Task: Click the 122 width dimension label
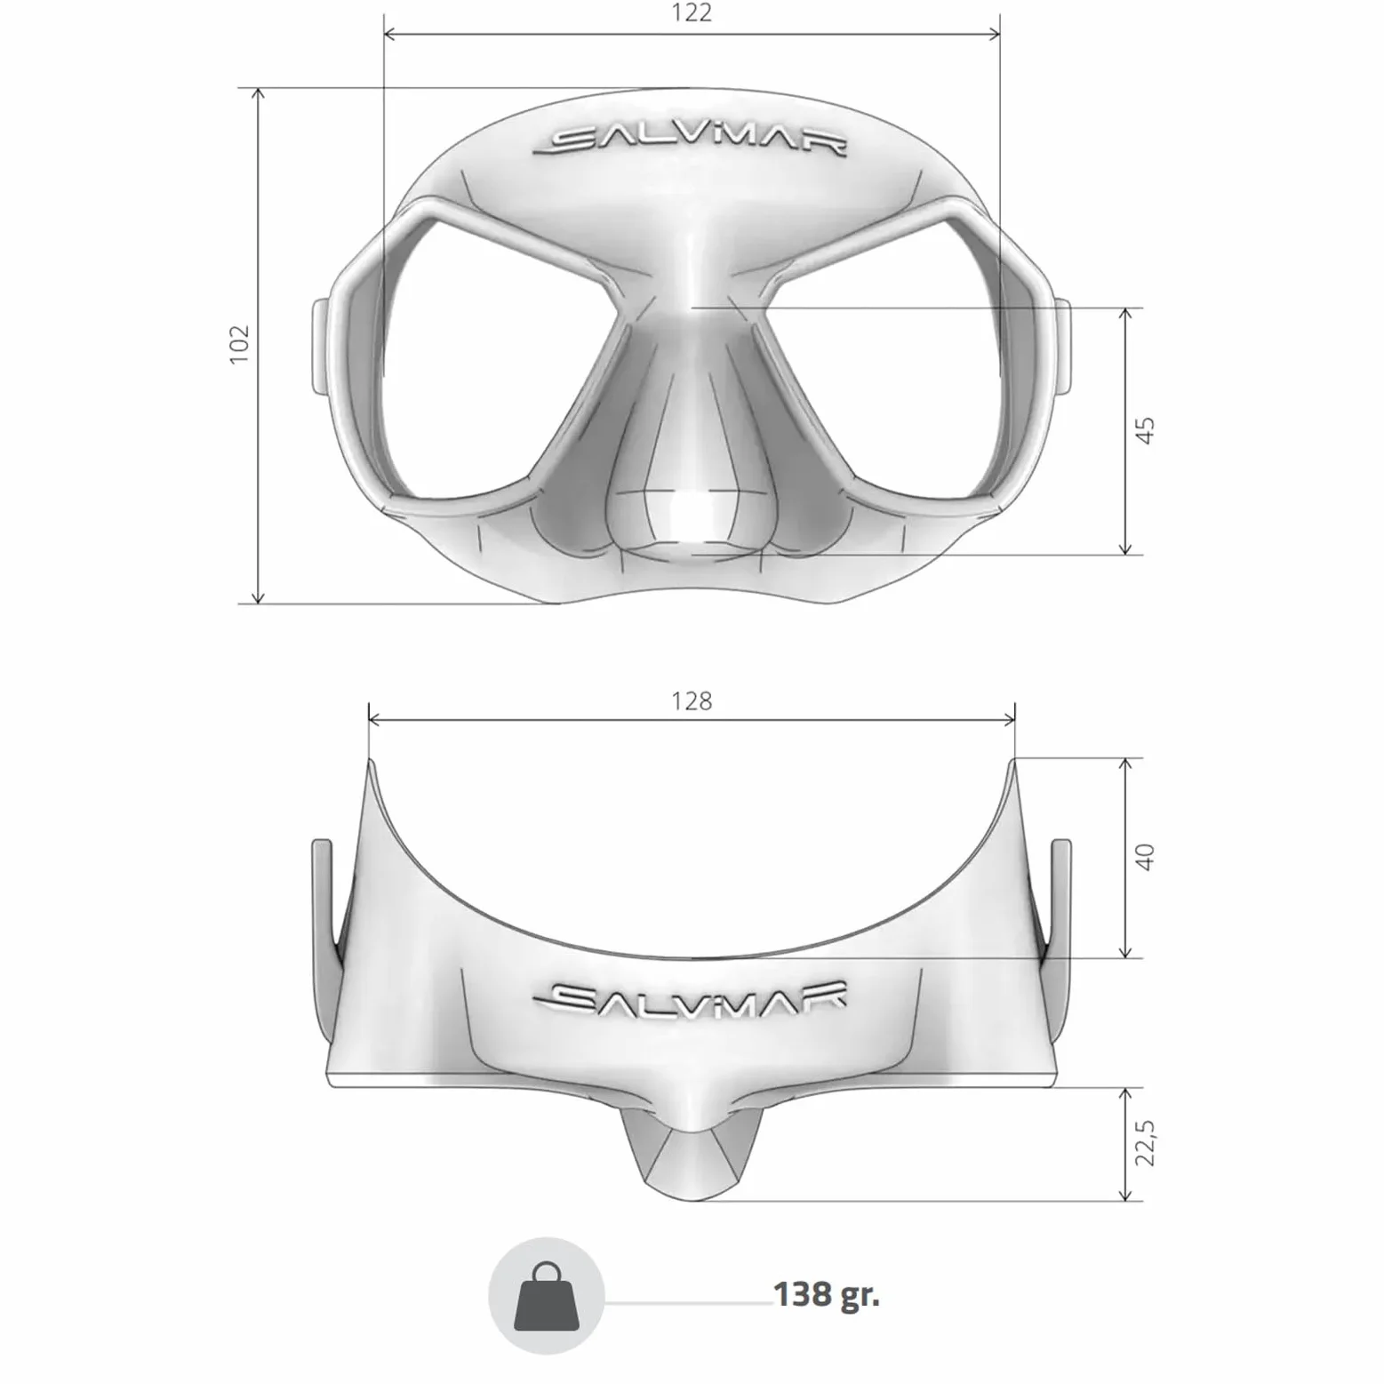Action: pyautogui.click(x=692, y=13)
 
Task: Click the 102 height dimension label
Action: pyautogui.click(x=239, y=344)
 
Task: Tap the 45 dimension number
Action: pyautogui.click(x=1146, y=430)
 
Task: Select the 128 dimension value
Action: pyautogui.click(x=692, y=701)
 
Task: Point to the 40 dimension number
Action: pyautogui.click(x=1145, y=857)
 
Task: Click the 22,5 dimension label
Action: pyautogui.click(x=1146, y=1143)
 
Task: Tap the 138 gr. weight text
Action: pyautogui.click(x=827, y=1294)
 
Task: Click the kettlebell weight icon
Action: pyautogui.click(x=547, y=1296)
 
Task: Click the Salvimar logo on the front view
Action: pyautogui.click(x=690, y=142)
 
